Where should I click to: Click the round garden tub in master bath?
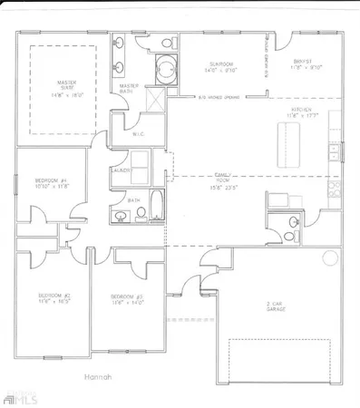165,67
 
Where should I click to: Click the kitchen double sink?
334,151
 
